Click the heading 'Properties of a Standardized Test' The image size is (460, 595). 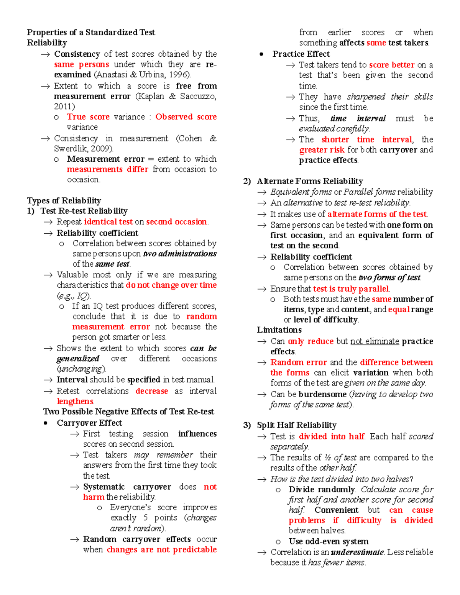click(x=91, y=32)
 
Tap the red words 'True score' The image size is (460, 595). click(x=88, y=117)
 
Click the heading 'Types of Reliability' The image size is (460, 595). click(x=64, y=200)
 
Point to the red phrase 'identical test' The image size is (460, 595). click(x=108, y=222)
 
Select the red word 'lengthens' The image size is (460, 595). click(x=75, y=401)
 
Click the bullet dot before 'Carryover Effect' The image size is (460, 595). click(x=46, y=423)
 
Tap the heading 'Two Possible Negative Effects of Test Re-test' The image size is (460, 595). click(x=128, y=411)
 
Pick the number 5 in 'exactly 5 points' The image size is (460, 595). click(x=146, y=518)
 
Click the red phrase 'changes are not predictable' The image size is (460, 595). click(x=161, y=549)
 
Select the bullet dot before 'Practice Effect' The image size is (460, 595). click(x=261, y=54)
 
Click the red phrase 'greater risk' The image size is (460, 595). click(x=322, y=150)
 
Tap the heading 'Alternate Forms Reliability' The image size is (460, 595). click(x=310, y=181)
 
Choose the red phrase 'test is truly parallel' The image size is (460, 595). click(x=351, y=288)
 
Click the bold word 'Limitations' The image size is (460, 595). click(x=279, y=330)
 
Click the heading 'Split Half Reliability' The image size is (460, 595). click(x=297, y=425)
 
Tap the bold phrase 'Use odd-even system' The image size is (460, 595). click(x=329, y=541)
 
